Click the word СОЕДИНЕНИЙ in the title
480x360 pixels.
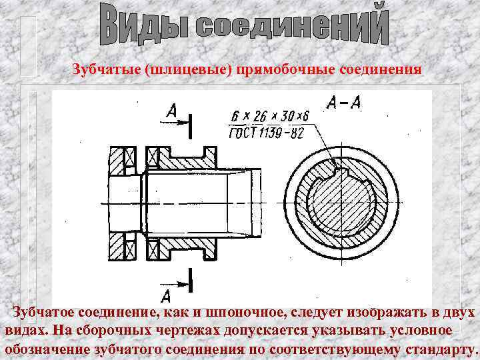[x=293, y=27]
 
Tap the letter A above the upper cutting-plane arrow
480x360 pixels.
[x=171, y=115]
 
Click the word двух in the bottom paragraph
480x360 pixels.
[x=459, y=313]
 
